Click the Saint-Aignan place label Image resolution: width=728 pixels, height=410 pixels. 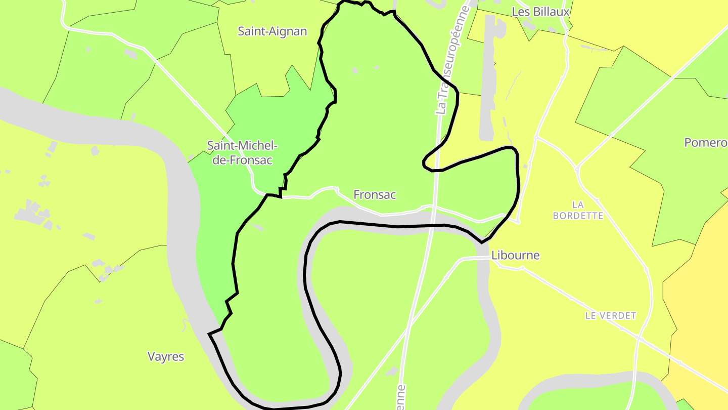click(272, 31)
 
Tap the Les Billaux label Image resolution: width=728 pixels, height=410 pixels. click(540, 12)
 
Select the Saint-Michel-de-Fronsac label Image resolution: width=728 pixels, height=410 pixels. click(242, 153)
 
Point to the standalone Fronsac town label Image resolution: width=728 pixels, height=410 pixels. click(374, 194)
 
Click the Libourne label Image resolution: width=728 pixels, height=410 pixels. click(515, 256)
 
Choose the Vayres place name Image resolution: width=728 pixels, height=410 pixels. click(166, 356)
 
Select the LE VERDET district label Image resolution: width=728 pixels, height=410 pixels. click(611, 316)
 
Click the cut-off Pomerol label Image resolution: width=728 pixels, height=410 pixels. click(706, 143)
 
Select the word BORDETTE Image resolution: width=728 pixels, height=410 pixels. click(578, 216)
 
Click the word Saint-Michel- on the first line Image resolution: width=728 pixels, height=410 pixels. click(242, 146)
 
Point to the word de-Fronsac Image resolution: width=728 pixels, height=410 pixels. click(242, 160)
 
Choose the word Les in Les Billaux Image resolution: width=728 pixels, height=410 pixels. click(520, 12)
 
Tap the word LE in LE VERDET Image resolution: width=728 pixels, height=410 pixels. click(591, 316)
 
